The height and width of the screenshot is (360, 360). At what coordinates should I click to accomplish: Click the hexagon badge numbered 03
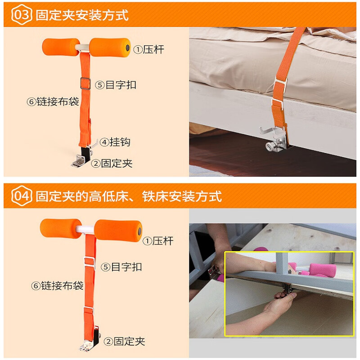pos(21,14)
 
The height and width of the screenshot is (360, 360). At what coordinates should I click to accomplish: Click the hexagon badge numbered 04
pos(21,196)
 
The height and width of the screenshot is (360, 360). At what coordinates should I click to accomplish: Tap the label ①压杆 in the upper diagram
pos(148,49)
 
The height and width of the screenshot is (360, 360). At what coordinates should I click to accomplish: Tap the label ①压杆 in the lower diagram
pos(158,241)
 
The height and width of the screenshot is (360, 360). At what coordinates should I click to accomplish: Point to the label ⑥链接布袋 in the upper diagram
pos(53,102)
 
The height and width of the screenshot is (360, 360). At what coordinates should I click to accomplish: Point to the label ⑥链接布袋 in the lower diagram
pos(57,285)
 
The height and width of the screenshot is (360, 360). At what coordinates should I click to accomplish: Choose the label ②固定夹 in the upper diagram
pos(112,163)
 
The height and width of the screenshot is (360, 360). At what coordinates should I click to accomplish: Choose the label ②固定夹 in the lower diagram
pos(125,342)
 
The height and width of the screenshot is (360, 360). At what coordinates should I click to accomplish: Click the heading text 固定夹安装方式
pos(82,15)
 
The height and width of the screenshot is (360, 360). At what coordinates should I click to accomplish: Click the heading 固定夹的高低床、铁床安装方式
pos(129,196)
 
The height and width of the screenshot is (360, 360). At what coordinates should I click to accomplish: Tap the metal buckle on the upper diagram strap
pos(84,82)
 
